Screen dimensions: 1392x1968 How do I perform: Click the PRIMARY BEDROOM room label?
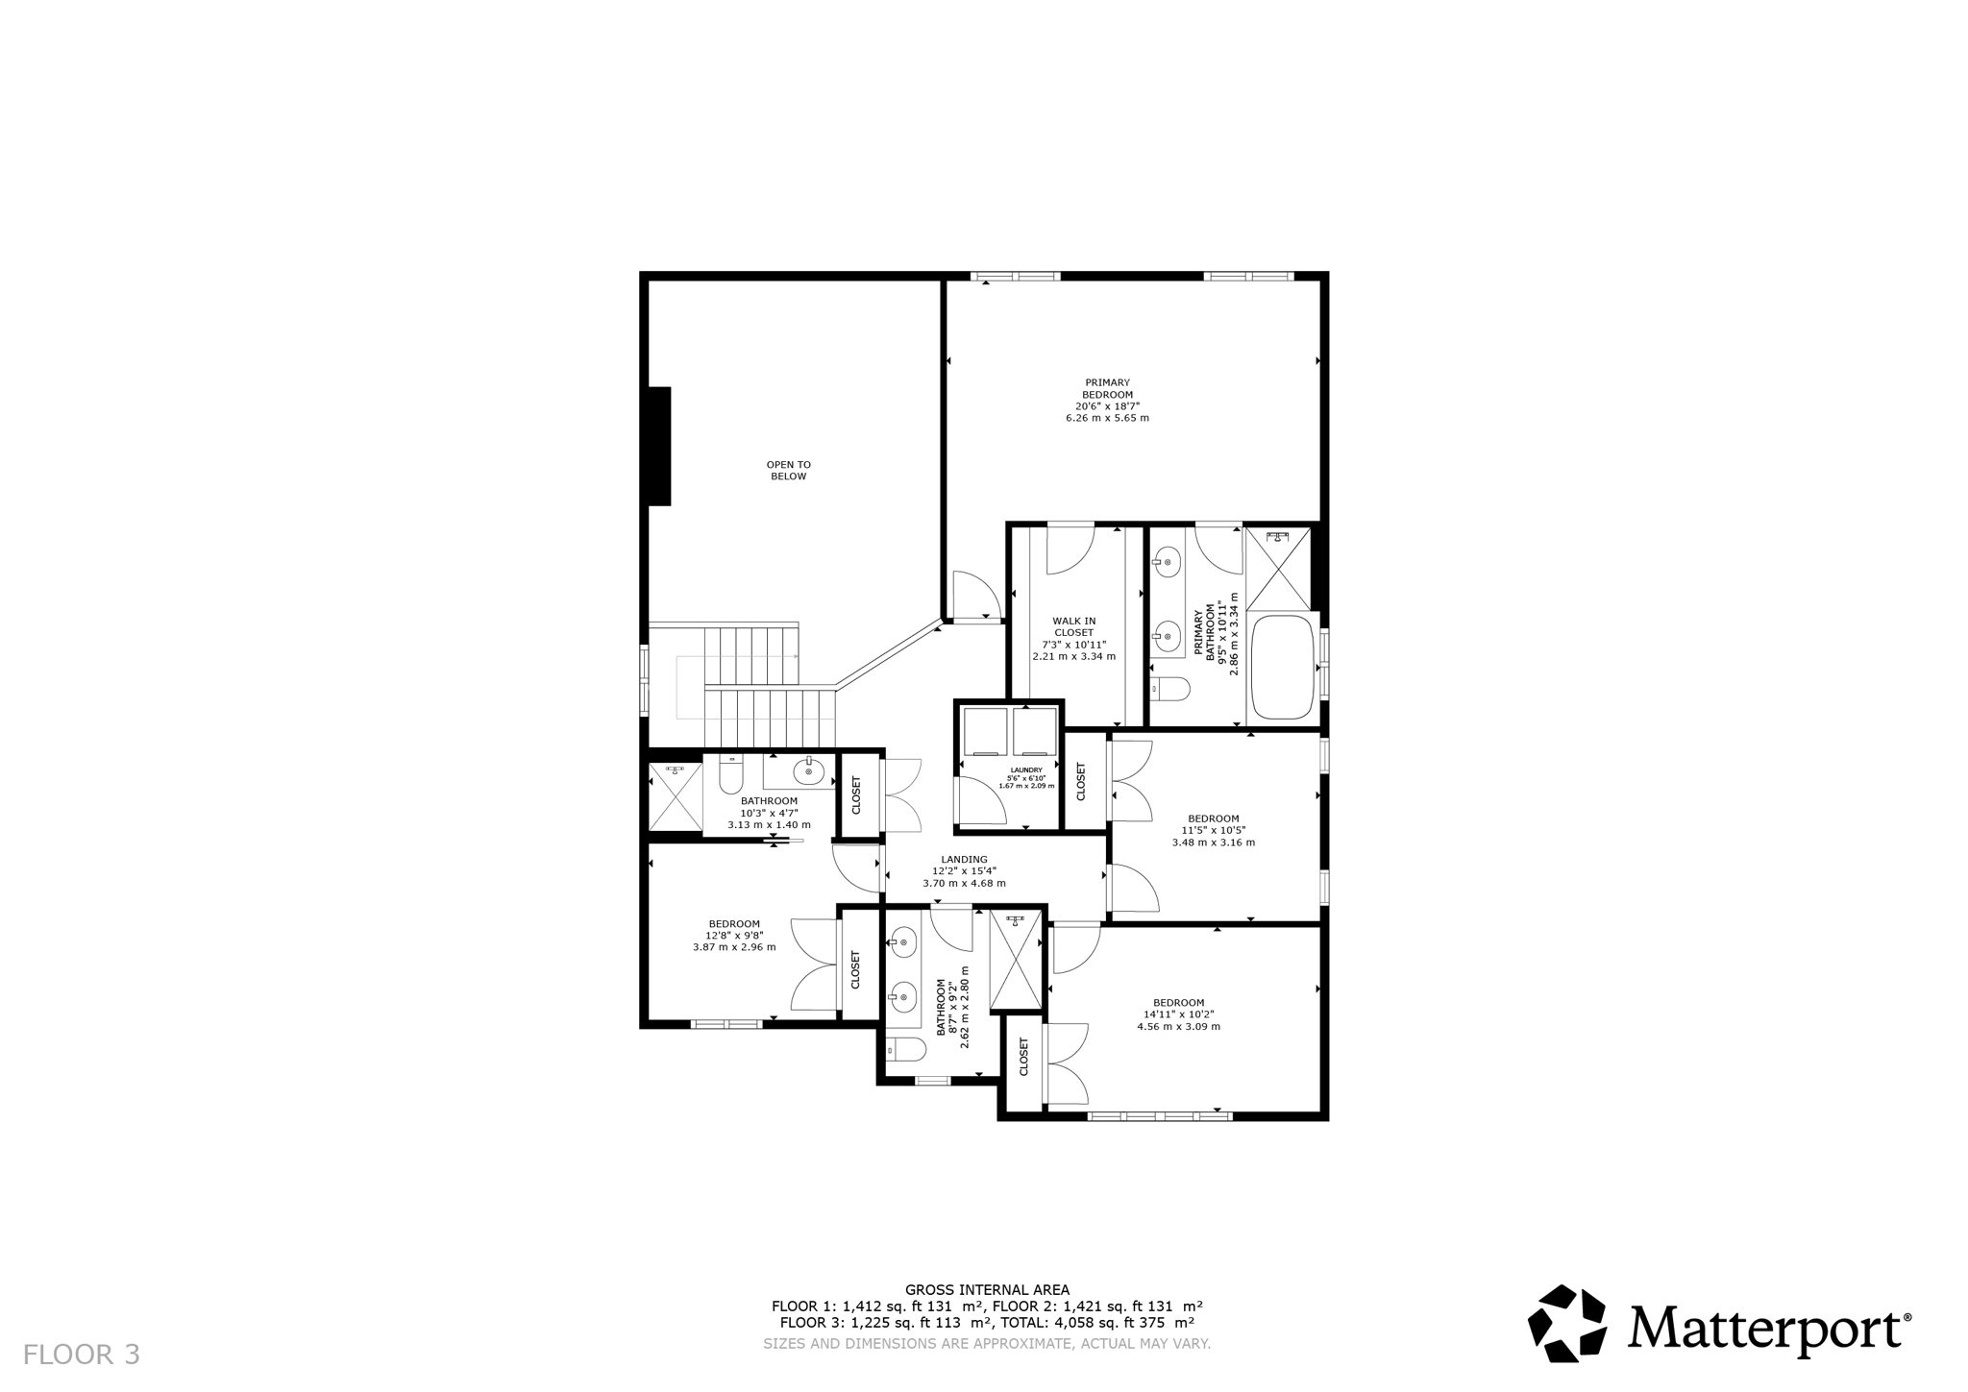tap(1107, 388)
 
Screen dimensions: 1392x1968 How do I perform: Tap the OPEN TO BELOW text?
tap(788, 471)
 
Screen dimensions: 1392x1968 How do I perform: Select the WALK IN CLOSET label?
tap(1073, 626)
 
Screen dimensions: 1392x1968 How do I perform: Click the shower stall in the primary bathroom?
tap(1278, 569)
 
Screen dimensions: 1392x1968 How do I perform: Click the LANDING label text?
tap(964, 860)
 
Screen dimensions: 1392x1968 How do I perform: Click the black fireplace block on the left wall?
tap(659, 446)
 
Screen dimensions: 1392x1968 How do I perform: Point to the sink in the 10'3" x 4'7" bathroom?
tap(809, 770)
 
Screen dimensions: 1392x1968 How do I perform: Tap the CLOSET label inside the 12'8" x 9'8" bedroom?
tap(855, 970)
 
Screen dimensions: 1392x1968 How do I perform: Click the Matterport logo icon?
tap(1566, 1323)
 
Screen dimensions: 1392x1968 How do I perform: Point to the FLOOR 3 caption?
tap(82, 1355)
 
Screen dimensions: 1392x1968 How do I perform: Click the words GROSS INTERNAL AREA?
tap(987, 1290)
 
